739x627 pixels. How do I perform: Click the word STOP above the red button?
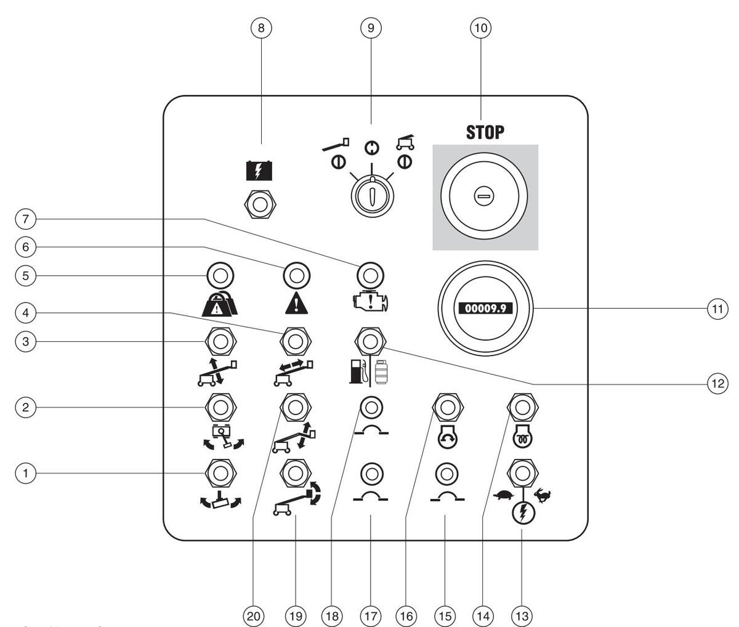(485, 132)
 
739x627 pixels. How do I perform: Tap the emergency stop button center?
(485, 197)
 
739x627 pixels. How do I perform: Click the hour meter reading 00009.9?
(485, 307)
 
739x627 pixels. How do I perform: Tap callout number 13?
(522, 615)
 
